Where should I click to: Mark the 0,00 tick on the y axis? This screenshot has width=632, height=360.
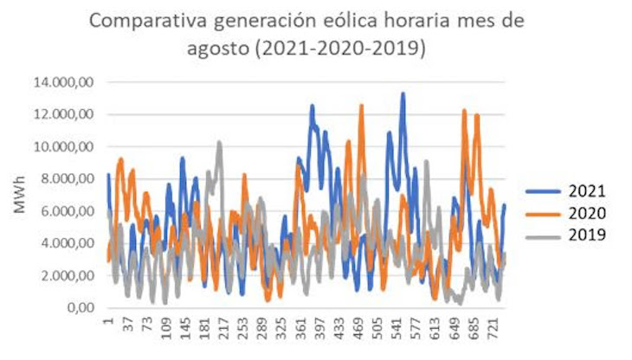pyautogui.click(x=78, y=307)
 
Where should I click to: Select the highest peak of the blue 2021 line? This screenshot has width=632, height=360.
pyautogui.click(x=403, y=93)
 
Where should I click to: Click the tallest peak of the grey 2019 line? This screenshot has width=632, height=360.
pyautogui.click(x=220, y=142)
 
